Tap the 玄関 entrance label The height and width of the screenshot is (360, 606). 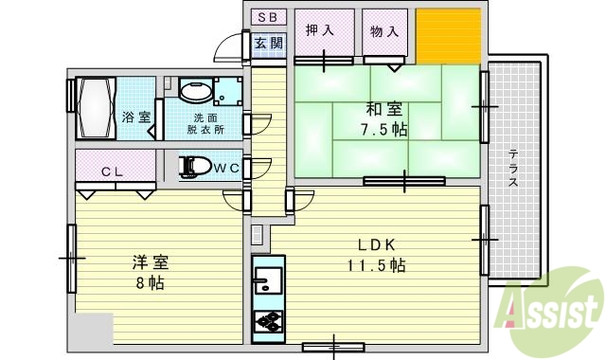click(x=269, y=43)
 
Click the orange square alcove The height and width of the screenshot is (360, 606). click(x=449, y=35)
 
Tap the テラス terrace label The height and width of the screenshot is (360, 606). click(x=512, y=170)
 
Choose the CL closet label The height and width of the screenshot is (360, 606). click(x=113, y=171)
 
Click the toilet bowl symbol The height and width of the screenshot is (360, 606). click(x=194, y=168)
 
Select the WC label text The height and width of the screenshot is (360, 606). click(x=225, y=169)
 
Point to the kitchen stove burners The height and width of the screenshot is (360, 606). click(x=268, y=321)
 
